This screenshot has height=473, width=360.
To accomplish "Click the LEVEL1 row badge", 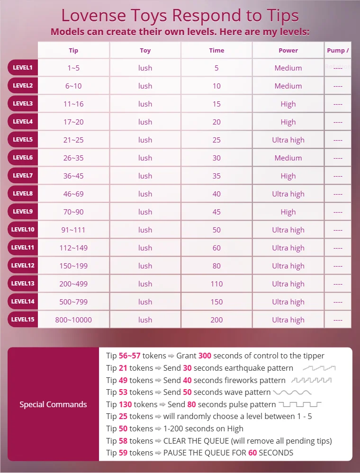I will tap(23, 68).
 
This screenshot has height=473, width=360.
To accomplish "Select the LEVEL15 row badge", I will tap(23, 320).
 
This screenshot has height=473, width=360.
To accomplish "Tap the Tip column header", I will tap(73, 50).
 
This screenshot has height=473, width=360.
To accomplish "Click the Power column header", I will tap(288, 50).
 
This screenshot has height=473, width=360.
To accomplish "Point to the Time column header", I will tap(216, 50).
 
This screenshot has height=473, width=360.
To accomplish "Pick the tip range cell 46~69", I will tap(73, 194).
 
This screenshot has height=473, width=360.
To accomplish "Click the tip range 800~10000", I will tap(73, 320).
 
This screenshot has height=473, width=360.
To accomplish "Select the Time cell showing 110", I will tap(216, 284).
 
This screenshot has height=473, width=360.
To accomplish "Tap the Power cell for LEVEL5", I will tap(288, 140).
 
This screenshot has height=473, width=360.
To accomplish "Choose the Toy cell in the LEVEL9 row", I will tap(145, 212).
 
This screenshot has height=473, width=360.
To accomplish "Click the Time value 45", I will tap(216, 212).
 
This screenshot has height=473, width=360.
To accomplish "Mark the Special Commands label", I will tap(53, 404).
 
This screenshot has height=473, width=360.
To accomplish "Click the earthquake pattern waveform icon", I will tap(319, 368).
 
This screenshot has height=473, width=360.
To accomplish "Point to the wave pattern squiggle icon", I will tap(292, 393).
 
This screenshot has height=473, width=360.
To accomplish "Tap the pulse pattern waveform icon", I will tap(300, 404).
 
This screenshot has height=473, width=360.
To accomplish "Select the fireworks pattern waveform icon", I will tap(311, 380).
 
